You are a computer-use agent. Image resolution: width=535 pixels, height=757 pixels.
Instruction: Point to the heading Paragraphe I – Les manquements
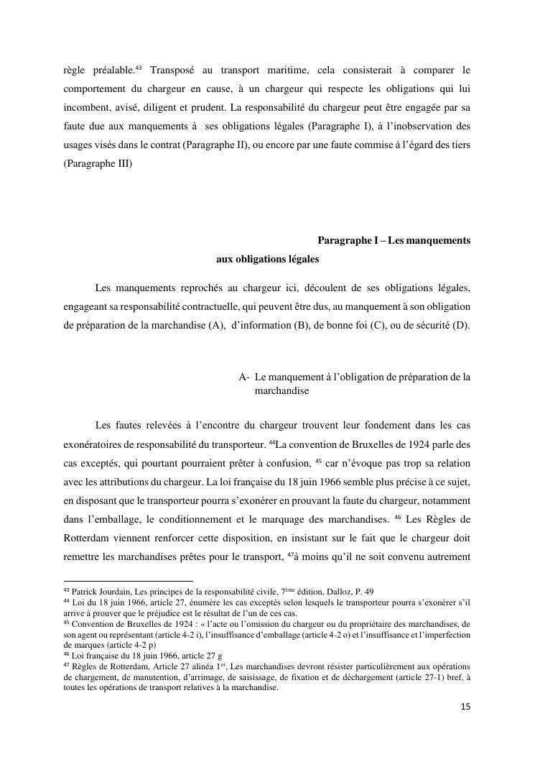coord(394,240)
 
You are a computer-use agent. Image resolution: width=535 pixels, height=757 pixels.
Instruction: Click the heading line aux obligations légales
coord(267,259)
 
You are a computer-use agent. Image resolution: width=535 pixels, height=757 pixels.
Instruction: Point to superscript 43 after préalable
coord(139,68)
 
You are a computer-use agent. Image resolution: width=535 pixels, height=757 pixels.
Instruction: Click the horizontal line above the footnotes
coord(129,580)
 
